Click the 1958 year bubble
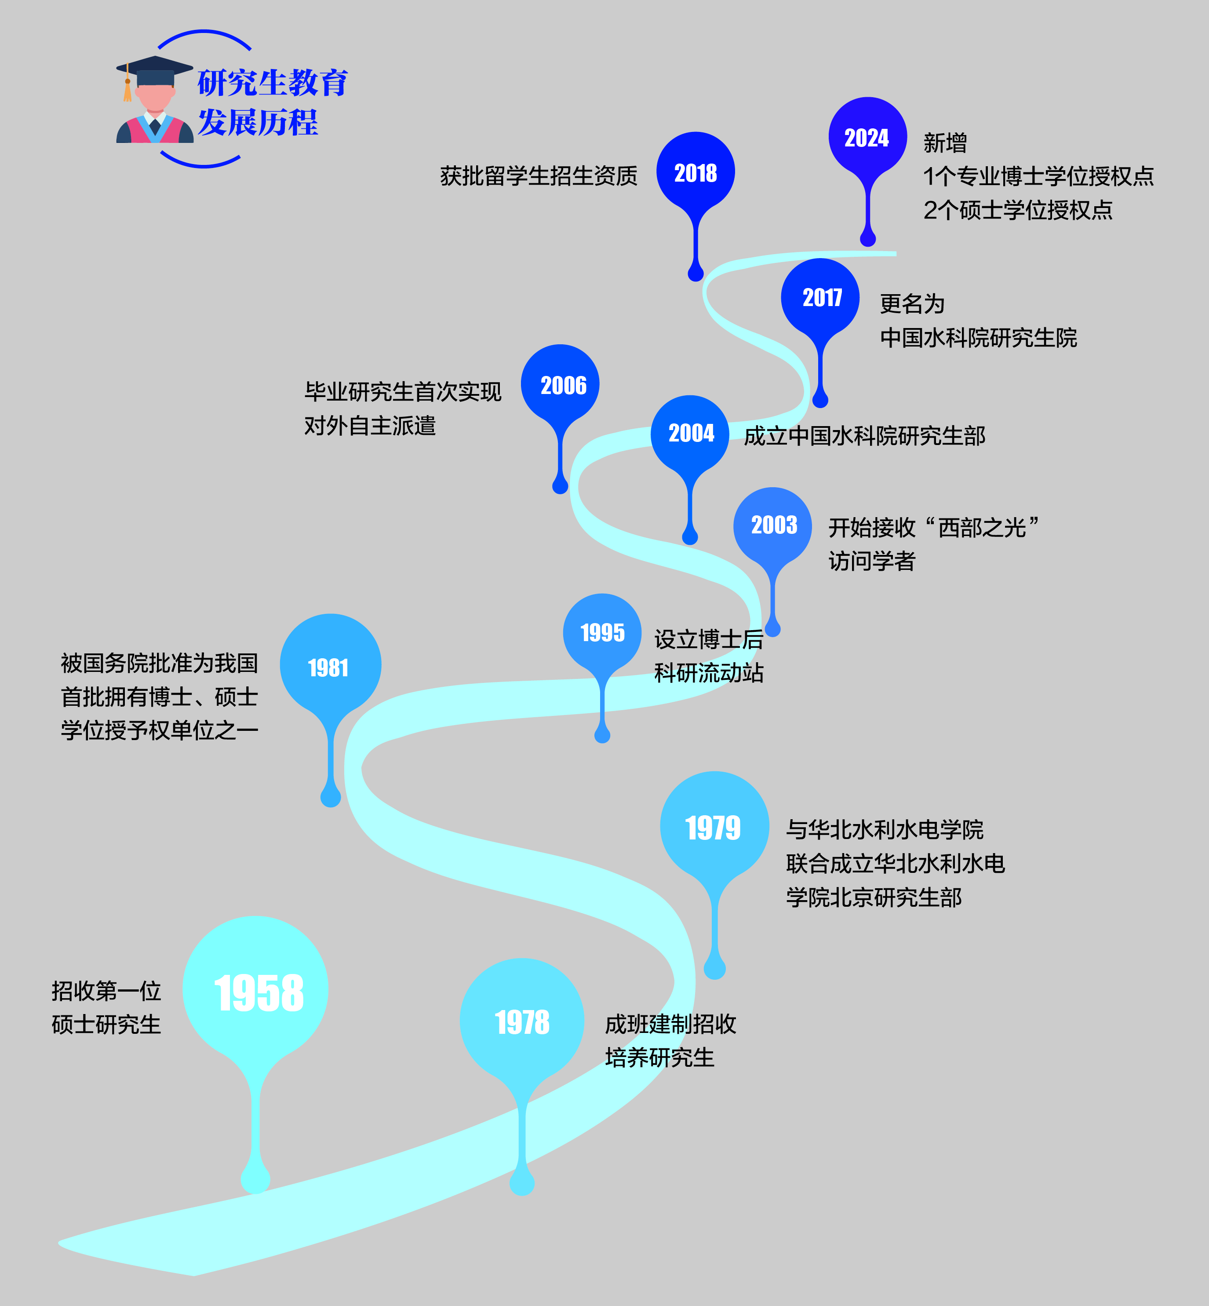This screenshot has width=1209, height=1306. (255, 991)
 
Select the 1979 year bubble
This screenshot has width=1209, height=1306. (714, 827)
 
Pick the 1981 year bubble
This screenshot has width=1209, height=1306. (330, 667)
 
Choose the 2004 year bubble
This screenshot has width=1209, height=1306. (690, 433)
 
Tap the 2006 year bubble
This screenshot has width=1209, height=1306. (561, 385)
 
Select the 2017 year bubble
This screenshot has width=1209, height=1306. (820, 298)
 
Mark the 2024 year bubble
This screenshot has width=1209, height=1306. (867, 137)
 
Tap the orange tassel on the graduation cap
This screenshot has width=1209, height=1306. (127, 90)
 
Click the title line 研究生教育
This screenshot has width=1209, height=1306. (272, 83)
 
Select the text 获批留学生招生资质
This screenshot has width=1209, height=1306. (539, 176)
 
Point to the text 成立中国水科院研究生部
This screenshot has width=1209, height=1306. (864, 436)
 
